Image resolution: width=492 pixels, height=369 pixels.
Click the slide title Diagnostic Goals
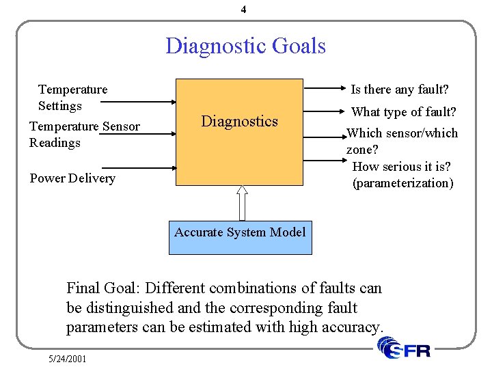pos(245,46)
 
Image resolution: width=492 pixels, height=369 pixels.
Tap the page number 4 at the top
pos(244,10)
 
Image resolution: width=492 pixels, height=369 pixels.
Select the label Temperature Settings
pos(72,97)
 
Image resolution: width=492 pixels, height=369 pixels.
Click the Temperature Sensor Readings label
pos(84,134)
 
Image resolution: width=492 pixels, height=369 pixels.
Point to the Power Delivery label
pos(72,178)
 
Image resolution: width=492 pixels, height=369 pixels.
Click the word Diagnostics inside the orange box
pos(239,122)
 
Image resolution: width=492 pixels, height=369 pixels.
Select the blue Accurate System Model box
pos(240,237)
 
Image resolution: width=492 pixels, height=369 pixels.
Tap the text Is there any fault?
pos(400,90)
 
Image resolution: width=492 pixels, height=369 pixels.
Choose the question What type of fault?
pos(403,112)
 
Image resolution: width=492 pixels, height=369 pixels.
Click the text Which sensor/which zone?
pos(402,141)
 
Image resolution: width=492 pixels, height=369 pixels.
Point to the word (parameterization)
pos(402,183)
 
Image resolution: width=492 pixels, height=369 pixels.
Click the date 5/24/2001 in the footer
pos(67,358)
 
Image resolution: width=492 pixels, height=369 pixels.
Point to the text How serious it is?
pos(402,167)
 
